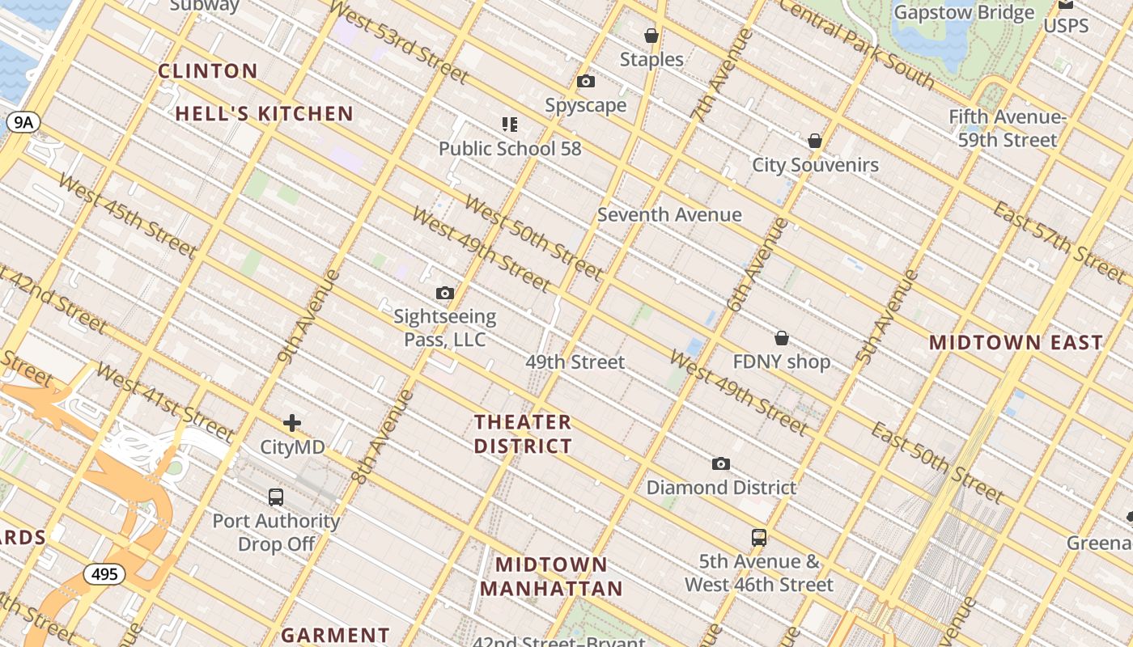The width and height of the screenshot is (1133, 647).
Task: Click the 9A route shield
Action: click(23, 122)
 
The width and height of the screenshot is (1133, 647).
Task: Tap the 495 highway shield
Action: click(104, 574)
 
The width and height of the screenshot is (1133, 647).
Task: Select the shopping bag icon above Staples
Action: click(651, 36)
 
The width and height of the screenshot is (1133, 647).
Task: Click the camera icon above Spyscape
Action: click(586, 82)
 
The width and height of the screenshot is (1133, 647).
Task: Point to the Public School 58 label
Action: click(510, 149)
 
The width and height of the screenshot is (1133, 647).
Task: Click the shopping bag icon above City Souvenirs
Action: click(815, 142)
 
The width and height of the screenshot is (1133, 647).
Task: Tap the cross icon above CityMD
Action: click(292, 423)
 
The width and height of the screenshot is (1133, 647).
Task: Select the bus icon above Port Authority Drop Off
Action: click(276, 497)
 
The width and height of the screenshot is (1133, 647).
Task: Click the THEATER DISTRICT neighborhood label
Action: click(523, 434)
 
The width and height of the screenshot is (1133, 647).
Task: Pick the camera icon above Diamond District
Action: click(721, 464)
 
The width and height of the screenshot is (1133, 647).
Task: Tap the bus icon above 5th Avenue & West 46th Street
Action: click(759, 538)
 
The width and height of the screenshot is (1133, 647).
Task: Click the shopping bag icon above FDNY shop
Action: click(782, 338)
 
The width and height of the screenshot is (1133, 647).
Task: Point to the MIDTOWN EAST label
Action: click(1016, 342)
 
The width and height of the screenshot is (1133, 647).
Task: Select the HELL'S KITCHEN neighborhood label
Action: click(265, 114)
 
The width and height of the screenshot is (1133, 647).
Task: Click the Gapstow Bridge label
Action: click(964, 13)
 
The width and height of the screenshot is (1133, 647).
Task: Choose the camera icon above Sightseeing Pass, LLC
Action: click(445, 294)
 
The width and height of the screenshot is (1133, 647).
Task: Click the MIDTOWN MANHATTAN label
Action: click(552, 577)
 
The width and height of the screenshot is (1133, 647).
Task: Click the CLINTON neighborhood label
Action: click(208, 71)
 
